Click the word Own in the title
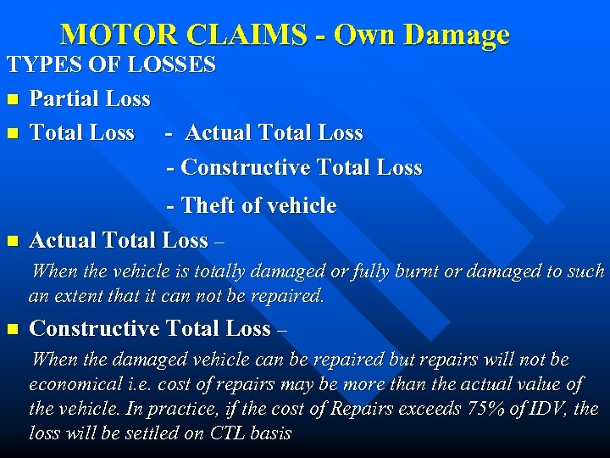(x=366, y=35)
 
